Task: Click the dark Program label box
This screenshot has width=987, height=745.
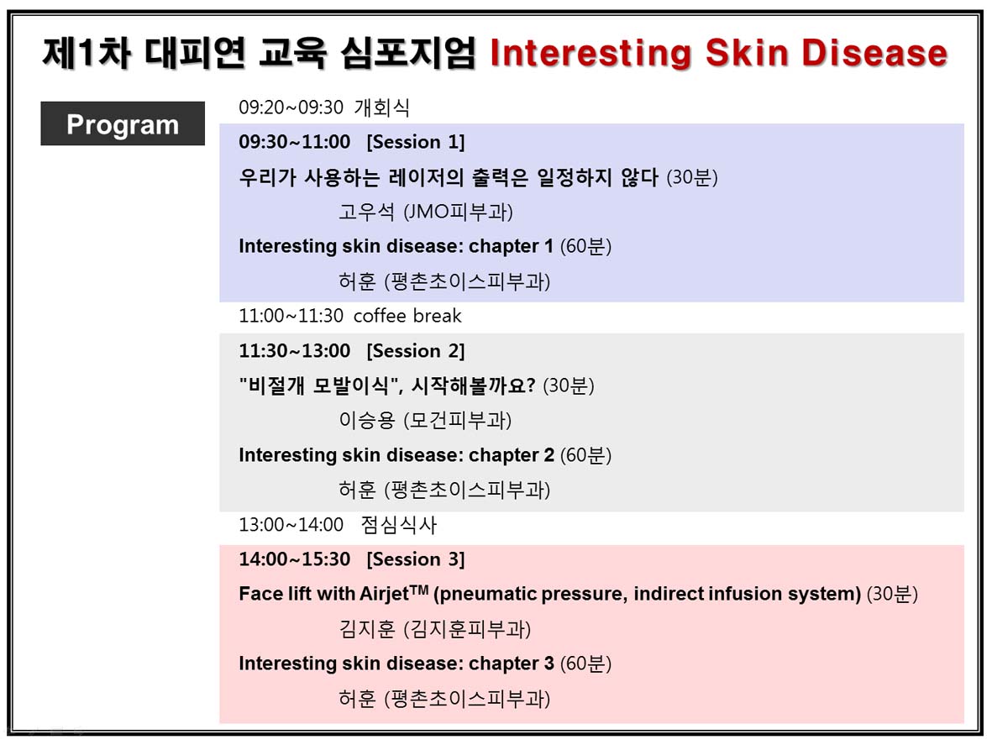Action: (x=123, y=123)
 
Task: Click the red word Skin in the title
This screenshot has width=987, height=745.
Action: (x=747, y=52)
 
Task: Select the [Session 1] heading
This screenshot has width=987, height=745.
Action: (x=416, y=142)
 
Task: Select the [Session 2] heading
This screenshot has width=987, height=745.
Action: (x=416, y=351)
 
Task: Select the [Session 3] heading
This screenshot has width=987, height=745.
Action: (x=416, y=559)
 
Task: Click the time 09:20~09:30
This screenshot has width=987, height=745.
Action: (x=291, y=108)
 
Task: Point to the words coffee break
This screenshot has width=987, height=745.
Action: (x=407, y=316)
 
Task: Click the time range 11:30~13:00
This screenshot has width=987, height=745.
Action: (x=295, y=351)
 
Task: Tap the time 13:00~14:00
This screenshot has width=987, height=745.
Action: (x=291, y=525)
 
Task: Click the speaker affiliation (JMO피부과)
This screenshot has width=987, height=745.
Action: (x=458, y=212)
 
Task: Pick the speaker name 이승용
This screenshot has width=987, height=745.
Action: (x=366, y=420)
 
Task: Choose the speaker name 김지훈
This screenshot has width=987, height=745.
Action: (x=366, y=628)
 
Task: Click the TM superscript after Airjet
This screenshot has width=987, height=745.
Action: (x=419, y=590)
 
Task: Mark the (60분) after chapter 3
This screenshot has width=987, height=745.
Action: (x=585, y=664)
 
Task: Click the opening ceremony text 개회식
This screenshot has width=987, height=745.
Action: (x=382, y=108)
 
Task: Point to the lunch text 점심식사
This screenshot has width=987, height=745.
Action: (x=398, y=525)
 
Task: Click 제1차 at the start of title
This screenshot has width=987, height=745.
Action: (x=87, y=52)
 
